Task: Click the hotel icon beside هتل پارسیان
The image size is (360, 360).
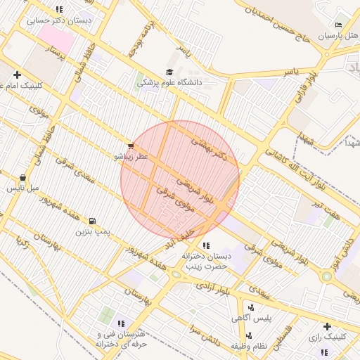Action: [339, 25]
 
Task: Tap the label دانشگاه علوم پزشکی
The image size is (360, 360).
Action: [169, 82]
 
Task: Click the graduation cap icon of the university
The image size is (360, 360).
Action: [169, 72]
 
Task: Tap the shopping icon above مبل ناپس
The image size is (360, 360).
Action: [23, 178]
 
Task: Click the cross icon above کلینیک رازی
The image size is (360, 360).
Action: [327, 326]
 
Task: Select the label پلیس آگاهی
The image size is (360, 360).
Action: [251, 319]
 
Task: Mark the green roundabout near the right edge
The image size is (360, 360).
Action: [327, 276]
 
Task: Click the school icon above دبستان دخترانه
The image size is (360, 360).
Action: [206, 245]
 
